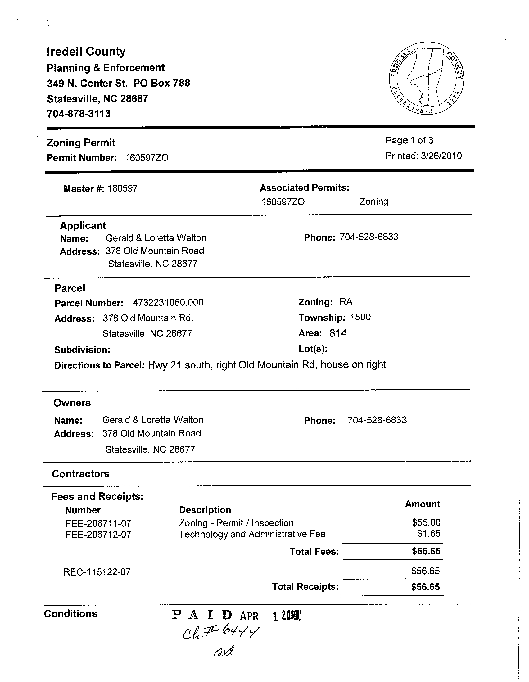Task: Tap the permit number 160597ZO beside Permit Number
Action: pos(147,158)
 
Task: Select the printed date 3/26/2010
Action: pos(441,156)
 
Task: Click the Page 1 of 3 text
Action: pos(409,141)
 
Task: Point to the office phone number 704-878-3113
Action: pos(79,114)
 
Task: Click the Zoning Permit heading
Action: pos(81,143)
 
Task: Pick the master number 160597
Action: pos(122,189)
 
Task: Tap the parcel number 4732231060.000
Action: pos(168,303)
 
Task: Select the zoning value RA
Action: pos(346,302)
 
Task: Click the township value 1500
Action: pos(360,318)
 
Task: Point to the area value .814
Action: pos(337,333)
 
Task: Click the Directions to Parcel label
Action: pos(99,365)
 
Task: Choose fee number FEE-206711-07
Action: pos(98,523)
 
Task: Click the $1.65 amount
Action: pos(429,534)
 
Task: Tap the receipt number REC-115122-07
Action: pos(97,572)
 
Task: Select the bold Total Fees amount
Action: pos(426,551)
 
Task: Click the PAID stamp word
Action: pos(202,616)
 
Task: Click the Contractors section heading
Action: pos(81,474)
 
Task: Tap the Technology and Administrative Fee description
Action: pos(252,534)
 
